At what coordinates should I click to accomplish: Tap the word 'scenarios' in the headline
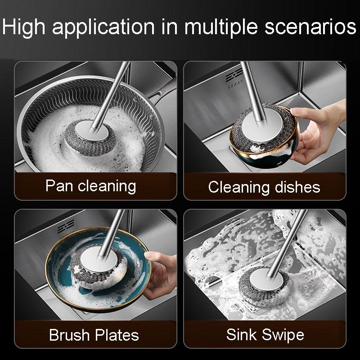310,27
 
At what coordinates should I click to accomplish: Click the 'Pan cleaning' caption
91,186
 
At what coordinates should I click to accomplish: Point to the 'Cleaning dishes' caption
264,187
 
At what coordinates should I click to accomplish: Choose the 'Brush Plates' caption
94,335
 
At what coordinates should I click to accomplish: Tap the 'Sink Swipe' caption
265,335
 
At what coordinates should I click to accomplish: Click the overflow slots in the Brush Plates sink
66,226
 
